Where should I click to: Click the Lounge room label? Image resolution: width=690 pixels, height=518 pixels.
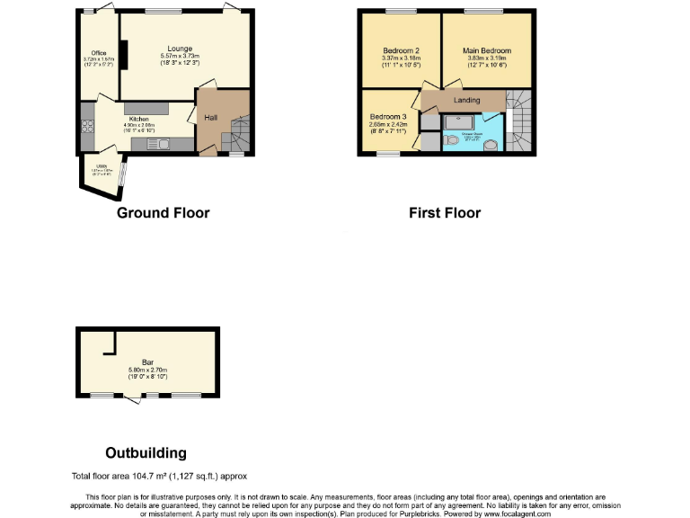coord(180,49)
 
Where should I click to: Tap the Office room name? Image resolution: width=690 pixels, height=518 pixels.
coord(93,52)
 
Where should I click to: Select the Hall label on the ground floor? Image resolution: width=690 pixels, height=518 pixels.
coord(210,118)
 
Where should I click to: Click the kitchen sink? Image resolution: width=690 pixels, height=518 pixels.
coord(163,143)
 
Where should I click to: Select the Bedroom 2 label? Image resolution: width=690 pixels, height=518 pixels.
coord(401,50)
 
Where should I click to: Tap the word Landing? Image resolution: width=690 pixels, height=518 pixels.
coord(467,100)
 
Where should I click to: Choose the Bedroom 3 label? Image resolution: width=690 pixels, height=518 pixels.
coord(388,117)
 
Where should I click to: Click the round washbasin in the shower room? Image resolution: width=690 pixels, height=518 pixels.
coord(491,144)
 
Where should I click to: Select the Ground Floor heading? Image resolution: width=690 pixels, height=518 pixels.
coord(163,213)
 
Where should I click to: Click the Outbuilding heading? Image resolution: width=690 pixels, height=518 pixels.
coord(146,452)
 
